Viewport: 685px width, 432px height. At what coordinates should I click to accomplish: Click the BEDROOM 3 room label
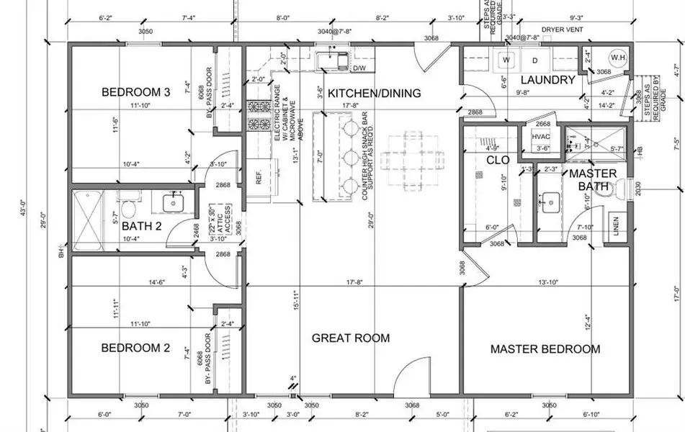click(x=135, y=92)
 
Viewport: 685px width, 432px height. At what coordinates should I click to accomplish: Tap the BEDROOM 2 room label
click(x=135, y=348)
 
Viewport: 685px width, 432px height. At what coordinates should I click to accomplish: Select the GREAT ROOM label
click(x=350, y=338)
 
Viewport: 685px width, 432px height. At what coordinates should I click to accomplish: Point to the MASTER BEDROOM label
click(x=545, y=349)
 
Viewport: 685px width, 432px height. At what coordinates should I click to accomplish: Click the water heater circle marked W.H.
click(x=618, y=57)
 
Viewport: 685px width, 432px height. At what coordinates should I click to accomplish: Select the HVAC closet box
click(x=541, y=138)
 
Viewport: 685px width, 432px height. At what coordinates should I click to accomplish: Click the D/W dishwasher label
click(x=359, y=68)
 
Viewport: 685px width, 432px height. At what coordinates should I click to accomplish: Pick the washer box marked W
click(x=506, y=59)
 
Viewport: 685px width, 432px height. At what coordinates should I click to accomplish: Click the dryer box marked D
click(x=535, y=59)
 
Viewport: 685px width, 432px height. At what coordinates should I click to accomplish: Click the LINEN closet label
click(x=616, y=224)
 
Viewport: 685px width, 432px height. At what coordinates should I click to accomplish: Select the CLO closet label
click(x=497, y=160)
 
